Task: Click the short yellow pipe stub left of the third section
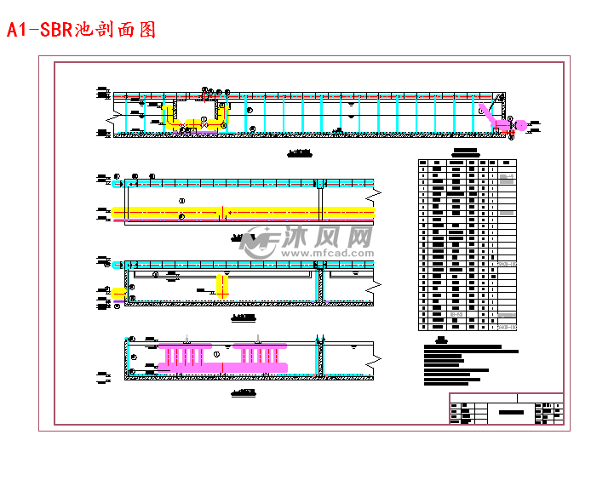(x=118, y=292)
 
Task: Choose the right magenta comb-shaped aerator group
(x=259, y=354)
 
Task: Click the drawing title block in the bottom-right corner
(x=506, y=409)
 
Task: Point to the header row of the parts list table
(x=468, y=163)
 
